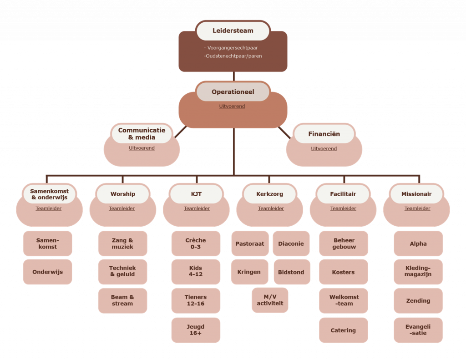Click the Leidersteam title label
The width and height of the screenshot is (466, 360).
tap(233, 31)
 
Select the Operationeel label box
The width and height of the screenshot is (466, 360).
tap(233, 92)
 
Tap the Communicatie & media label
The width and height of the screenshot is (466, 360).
tap(142, 134)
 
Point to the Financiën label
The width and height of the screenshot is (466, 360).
tap(324, 134)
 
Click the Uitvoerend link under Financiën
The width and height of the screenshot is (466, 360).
tap(324, 149)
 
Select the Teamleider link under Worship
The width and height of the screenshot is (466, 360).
tap(122, 208)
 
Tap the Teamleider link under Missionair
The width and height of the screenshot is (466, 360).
tap(417, 208)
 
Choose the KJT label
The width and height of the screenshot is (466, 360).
tap(196, 194)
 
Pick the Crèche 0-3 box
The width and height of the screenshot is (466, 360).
tap(196, 243)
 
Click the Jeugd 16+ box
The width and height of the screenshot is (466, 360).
tap(196, 330)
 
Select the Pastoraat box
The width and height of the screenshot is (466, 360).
tap(250, 244)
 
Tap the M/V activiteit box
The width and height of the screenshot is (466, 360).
tap(270, 300)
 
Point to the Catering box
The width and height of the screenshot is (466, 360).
tap(343, 330)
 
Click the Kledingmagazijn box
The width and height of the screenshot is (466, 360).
tap(418, 272)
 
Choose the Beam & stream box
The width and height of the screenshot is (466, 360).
tap(122, 300)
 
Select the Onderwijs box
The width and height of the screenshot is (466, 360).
tap(47, 272)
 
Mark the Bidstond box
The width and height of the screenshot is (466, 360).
tap(291, 272)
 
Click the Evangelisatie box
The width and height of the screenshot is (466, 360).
tap(418, 330)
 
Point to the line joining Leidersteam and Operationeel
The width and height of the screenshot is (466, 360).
tap(233, 76)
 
